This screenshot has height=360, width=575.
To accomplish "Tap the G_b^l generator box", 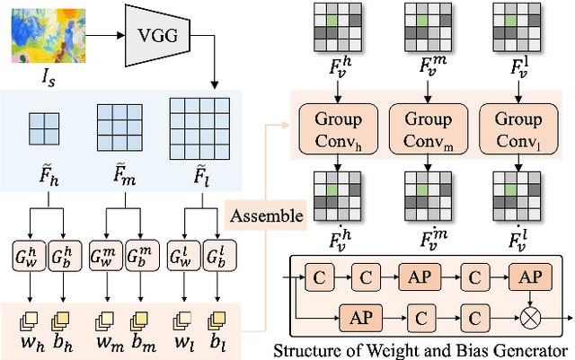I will (217, 256).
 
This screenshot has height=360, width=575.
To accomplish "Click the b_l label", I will (217, 342).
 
